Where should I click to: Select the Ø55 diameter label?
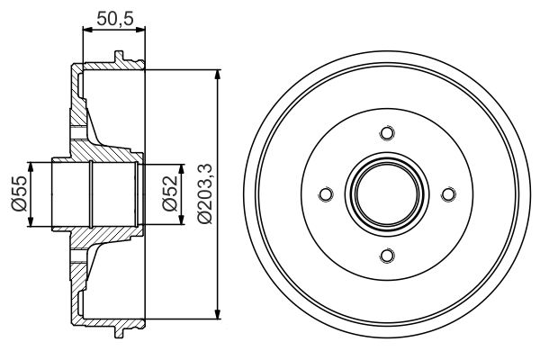click(17, 193)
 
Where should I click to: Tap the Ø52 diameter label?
click(168, 193)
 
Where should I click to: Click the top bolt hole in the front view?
click(387, 133)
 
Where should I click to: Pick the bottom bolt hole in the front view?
click(387, 255)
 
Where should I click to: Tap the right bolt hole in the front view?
click(447, 193)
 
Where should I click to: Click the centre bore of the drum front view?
click(387, 193)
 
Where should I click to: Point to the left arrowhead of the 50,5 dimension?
click(86, 30)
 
